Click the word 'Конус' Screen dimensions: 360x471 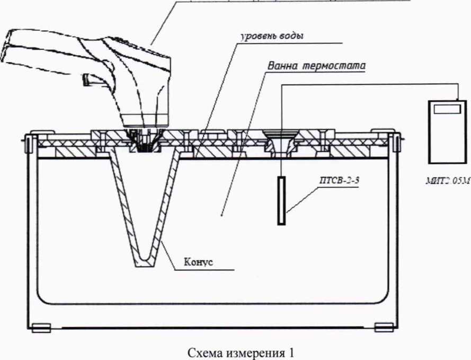(x=198, y=261)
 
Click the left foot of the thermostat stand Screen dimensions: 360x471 (x=40, y=327)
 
